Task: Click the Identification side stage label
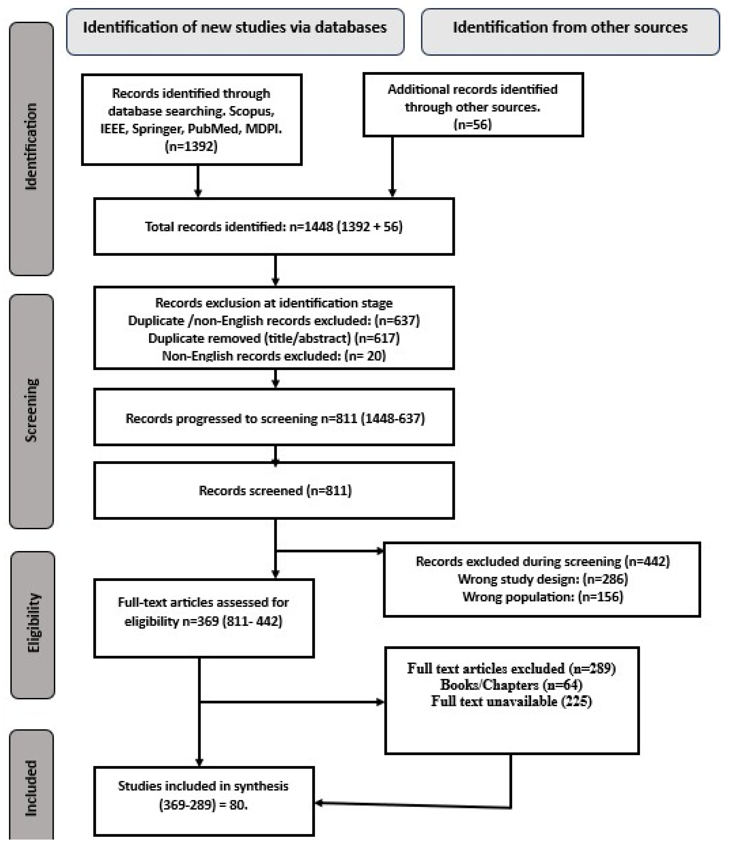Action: coord(31,147)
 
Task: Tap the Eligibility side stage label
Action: coord(33,622)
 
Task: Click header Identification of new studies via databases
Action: coord(235,28)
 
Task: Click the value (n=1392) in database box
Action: coord(191,146)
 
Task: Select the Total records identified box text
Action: coord(274,227)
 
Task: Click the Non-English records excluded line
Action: coord(274,356)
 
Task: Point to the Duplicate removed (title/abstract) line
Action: coord(274,338)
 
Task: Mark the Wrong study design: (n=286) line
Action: coord(542,579)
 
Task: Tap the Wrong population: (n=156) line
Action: coord(542,597)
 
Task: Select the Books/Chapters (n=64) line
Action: coord(511,685)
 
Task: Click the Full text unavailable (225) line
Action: coord(511,701)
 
